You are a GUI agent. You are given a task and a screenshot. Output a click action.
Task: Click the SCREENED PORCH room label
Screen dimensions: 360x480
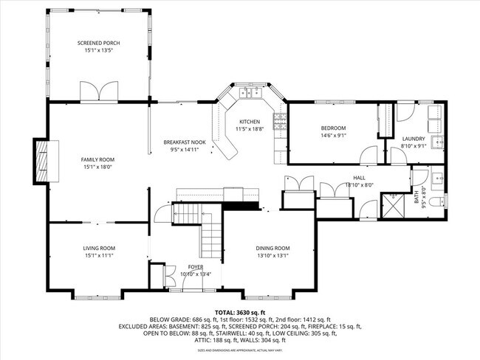pos(98,44)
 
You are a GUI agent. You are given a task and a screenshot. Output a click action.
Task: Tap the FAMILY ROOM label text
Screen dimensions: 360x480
pos(97,159)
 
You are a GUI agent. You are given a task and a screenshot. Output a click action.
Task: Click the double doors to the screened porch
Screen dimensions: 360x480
pos(98,92)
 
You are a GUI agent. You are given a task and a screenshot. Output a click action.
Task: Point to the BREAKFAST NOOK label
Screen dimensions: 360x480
pos(184,142)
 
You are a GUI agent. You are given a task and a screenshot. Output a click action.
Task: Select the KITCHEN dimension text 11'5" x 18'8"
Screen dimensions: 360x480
pos(249,129)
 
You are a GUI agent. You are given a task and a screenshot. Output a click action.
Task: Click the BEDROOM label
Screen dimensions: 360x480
pos(333,128)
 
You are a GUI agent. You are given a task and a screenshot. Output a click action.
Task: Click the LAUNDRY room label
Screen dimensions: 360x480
pos(413,139)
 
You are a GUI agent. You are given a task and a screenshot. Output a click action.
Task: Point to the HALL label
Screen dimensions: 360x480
pos(359,178)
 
